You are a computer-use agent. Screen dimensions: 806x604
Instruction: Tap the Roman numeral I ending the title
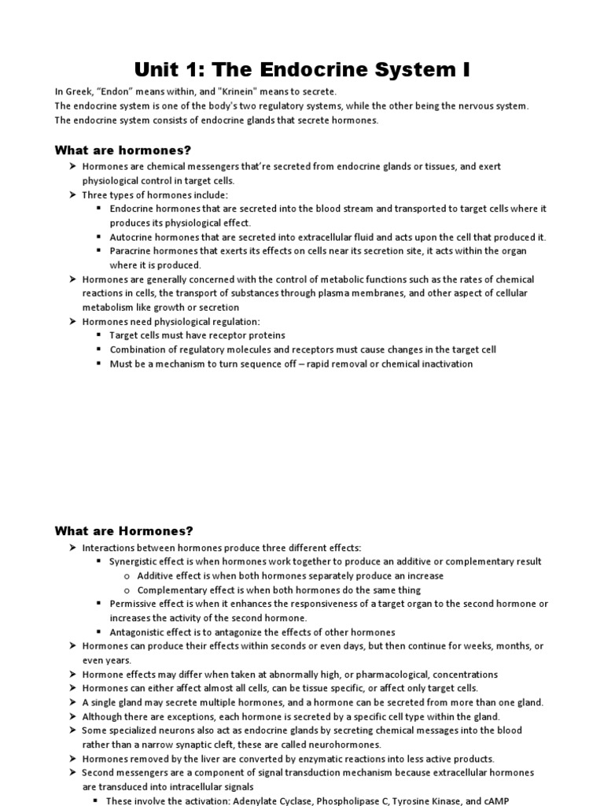click(x=466, y=69)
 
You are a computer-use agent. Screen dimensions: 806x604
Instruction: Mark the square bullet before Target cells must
click(x=99, y=336)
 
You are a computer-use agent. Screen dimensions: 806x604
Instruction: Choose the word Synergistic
click(x=135, y=562)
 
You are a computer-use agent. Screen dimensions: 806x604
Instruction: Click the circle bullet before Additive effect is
click(x=127, y=576)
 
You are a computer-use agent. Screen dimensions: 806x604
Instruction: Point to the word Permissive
click(x=133, y=604)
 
